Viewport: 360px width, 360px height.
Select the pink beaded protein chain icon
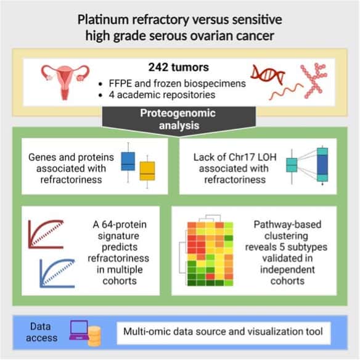click(314, 81)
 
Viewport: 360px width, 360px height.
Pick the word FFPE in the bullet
click(120, 83)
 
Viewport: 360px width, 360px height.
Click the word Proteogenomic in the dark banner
click(178, 113)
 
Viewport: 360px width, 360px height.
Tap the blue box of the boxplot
click(128, 161)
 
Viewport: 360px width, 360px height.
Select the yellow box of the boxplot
click(147, 171)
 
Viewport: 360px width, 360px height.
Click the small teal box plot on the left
click(292, 165)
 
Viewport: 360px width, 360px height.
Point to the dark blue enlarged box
click(322, 165)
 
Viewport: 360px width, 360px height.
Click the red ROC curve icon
click(46, 234)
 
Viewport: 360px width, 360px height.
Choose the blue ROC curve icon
click(57, 273)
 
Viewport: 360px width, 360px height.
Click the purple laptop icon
click(79, 330)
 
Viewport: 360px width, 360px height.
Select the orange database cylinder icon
click(94, 336)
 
